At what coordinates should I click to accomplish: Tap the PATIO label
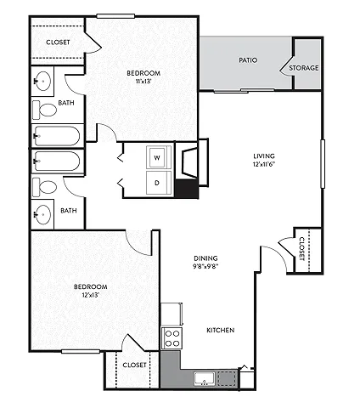(x=248, y=60)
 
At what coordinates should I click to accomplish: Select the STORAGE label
(x=304, y=68)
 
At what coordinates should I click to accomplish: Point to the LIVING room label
(x=264, y=156)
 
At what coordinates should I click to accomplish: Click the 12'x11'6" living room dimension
(x=264, y=164)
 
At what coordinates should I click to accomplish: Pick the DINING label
(x=205, y=258)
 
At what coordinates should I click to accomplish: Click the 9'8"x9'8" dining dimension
(x=205, y=266)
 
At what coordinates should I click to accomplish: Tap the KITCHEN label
(x=221, y=330)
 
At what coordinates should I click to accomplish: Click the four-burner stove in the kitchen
(x=172, y=338)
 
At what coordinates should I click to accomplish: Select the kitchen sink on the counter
(x=204, y=379)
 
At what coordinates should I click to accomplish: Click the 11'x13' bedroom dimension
(x=143, y=82)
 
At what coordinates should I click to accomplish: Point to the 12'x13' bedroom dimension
(x=91, y=295)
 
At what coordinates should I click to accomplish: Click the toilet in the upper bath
(x=45, y=110)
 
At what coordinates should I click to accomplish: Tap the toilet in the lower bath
(x=45, y=187)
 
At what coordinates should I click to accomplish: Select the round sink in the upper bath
(x=42, y=82)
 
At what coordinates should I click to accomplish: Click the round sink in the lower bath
(x=42, y=214)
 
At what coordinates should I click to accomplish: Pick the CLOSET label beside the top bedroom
(x=58, y=42)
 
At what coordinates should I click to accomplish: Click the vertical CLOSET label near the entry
(x=301, y=249)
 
